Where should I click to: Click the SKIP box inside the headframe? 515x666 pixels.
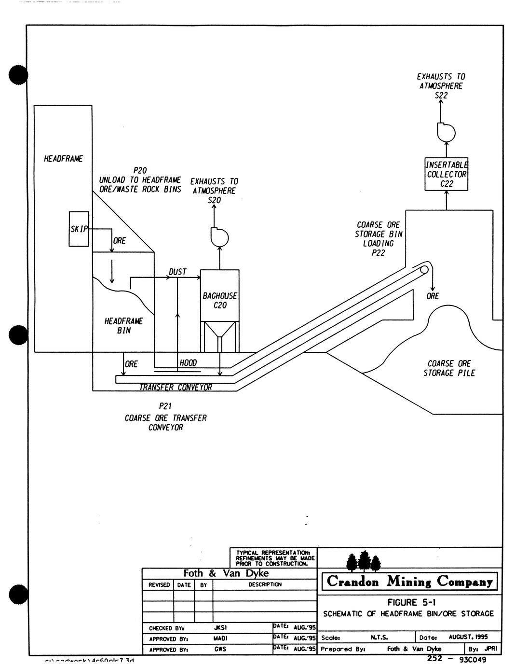(x=79, y=229)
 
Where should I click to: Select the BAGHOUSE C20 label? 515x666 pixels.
(x=220, y=300)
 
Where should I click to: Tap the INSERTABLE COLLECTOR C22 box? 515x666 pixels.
(x=447, y=174)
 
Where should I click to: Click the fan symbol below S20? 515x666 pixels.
(x=219, y=236)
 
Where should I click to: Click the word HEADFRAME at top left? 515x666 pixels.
(x=63, y=159)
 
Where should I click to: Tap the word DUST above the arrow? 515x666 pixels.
(x=177, y=272)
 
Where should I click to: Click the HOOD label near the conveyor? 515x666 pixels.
(x=188, y=363)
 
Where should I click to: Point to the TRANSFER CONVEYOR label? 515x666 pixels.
(x=176, y=387)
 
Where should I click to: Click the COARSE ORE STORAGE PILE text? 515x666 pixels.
(x=449, y=368)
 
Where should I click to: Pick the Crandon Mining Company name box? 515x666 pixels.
(x=409, y=582)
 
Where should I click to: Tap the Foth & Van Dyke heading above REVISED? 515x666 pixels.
(x=226, y=573)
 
